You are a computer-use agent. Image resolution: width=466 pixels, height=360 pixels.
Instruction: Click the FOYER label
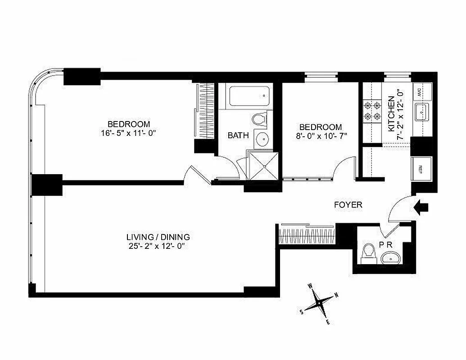348,205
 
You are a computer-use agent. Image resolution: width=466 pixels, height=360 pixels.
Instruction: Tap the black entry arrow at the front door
422,207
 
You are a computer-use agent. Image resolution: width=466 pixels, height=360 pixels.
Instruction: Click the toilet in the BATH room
259,120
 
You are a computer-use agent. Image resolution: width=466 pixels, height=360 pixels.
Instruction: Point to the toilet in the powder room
369,252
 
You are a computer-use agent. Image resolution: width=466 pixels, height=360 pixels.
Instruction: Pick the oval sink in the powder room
390,258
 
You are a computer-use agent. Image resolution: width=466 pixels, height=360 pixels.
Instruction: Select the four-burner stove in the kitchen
372,112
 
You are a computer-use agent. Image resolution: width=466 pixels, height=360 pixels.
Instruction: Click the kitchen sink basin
422,110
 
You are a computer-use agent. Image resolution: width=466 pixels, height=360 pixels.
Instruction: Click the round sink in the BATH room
261,139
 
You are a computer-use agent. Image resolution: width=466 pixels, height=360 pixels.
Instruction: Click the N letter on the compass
337,296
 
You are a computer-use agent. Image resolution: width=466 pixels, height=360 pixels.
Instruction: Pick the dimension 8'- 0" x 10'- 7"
321,135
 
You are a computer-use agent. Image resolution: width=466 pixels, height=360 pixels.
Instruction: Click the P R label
385,245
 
